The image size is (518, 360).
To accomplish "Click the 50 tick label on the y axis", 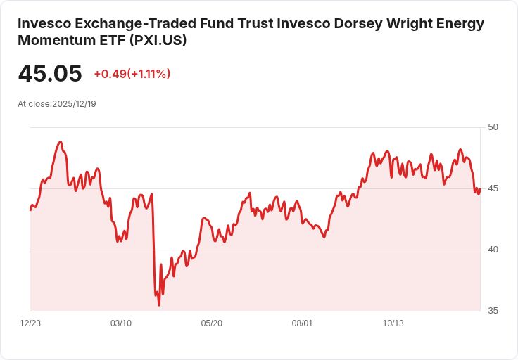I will [x=493, y=127].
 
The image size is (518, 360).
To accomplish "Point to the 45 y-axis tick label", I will [x=493, y=188].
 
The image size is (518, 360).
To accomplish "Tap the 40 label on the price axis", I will [x=493, y=250].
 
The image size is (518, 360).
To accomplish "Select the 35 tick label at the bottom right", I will [x=493, y=311].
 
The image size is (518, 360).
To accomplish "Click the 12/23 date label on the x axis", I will [x=30, y=323].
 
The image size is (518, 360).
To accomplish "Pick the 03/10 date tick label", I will [x=121, y=323].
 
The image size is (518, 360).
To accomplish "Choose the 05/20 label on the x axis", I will [x=212, y=323].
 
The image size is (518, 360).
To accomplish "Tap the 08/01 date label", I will [x=303, y=323].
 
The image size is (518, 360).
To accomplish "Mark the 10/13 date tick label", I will [x=393, y=323].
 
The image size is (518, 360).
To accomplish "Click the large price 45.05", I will [x=50, y=73].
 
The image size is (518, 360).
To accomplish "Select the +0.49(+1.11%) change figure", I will [x=132, y=74].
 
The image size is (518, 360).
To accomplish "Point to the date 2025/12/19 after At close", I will [x=74, y=104].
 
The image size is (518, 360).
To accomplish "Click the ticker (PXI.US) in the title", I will [x=158, y=40].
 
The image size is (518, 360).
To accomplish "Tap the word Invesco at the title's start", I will [x=46, y=23].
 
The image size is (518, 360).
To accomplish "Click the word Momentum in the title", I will [x=53, y=40].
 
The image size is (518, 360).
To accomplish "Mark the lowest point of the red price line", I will [x=159, y=304].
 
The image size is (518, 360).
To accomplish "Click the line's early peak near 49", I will [x=61, y=142].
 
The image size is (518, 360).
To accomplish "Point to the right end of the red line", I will [x=479, y=189].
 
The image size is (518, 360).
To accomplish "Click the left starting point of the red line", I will [x=30, y=210].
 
